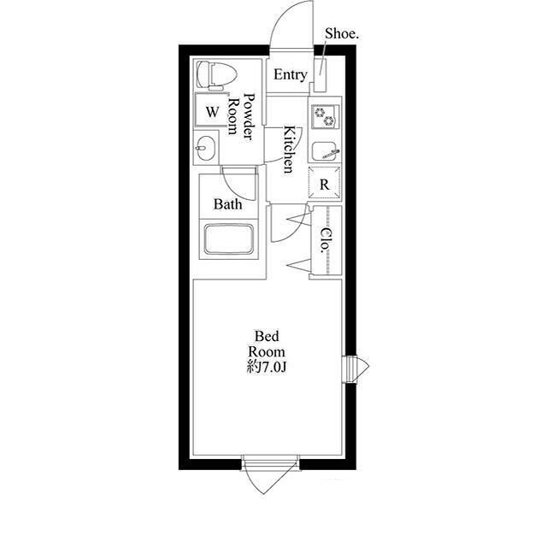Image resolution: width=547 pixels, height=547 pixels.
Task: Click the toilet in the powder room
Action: click(216, 75)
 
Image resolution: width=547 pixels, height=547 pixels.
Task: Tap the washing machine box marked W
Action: click(212, 110)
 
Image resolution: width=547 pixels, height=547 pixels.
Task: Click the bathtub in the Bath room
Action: click(229, 239)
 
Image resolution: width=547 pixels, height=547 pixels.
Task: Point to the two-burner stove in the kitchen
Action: click(324, 116)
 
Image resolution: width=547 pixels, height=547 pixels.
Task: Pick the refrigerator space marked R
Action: click(325, 183)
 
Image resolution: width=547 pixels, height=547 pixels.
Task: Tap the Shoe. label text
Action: click(342, 34)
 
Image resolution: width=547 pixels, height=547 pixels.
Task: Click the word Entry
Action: click(291, 75)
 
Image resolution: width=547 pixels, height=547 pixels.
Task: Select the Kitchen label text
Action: click(289, 150)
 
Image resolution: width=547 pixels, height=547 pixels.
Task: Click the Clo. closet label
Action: click(326, 240)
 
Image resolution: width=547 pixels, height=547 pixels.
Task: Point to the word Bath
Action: click(228, 204)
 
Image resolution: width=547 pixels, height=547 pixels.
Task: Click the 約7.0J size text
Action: click(267, 367)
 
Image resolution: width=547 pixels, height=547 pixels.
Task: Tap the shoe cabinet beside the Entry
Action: click(321, 75)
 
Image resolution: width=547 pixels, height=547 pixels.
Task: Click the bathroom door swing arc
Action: click(238, 186)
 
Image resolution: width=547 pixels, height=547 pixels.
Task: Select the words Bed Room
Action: click(267, 344)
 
